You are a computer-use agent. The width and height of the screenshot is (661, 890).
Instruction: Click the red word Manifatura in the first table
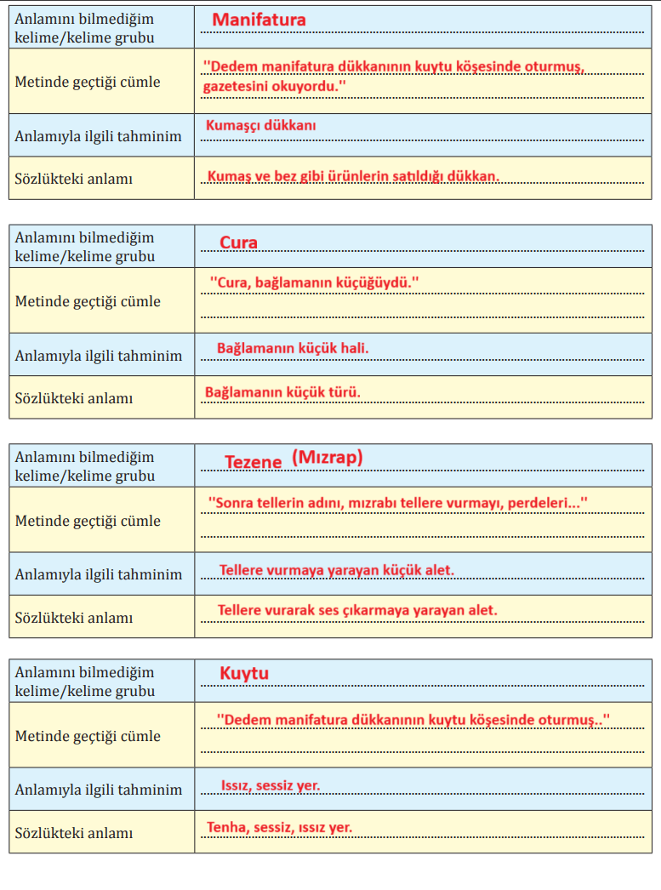(x=259, y=20)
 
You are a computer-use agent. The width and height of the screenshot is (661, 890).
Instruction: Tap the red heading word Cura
(x=238, y=242)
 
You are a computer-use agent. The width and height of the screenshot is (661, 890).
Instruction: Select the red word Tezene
(x=253, y=462)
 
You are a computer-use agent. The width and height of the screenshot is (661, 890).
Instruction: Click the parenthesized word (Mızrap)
(x=328, y=458)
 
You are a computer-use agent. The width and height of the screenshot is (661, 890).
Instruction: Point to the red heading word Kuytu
(x=244, y=674)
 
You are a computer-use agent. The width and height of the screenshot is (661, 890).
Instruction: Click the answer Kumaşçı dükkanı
(x=261, y=125)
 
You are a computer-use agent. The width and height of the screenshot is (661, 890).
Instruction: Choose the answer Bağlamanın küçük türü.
(x=282, y=392)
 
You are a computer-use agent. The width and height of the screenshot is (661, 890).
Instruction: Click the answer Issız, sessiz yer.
(x=271, y=785)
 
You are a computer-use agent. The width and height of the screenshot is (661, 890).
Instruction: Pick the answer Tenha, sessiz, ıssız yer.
(x=279, y=827)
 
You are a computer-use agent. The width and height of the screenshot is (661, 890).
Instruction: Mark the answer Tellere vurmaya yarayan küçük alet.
(x=337, y=570)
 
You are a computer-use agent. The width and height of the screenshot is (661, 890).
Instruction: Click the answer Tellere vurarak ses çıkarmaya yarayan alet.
(x=357, y=610)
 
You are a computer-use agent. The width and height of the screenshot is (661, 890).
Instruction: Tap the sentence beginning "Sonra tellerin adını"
(x=398, y=504)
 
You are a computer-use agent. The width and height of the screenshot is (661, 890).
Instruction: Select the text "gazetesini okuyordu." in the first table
(x=275, y=87)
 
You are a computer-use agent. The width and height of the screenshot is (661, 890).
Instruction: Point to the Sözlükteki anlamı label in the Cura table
(x=73, y=398)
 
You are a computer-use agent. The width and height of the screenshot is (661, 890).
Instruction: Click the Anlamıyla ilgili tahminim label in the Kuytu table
(x=98, y=790)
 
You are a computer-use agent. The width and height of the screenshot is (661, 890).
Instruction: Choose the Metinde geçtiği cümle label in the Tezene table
(x=88, y=521)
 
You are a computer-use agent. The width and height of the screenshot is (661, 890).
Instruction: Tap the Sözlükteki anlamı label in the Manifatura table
(x=73, y=179)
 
